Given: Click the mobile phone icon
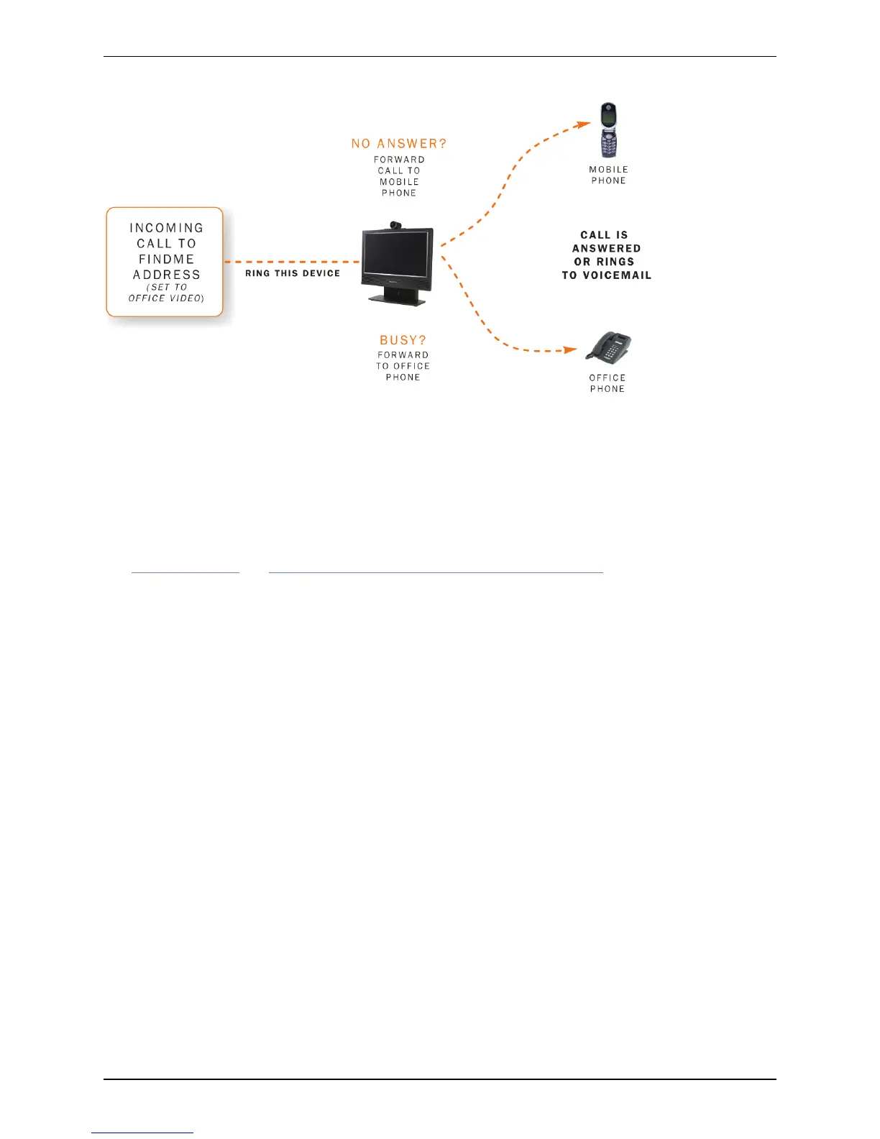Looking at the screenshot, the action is click(608, 130).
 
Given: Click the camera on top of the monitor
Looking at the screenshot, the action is click(395, 225).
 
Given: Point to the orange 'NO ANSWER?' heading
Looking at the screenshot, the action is click(399, 144).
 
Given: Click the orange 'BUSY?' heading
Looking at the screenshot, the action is click(403, 340).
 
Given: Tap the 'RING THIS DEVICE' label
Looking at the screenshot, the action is click(293, 273).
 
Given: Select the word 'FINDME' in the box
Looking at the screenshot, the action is click(167, 259).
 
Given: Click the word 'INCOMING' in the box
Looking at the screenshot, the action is click(167, 228).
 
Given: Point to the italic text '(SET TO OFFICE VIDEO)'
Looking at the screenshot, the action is click(167, 293).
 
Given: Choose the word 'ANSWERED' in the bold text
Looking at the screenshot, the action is click(606, 249).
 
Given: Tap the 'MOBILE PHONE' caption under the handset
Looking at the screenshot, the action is click(608, 175).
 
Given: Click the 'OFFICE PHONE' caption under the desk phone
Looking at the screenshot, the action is click(608, 383).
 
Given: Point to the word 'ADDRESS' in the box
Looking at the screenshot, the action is click(167, 275).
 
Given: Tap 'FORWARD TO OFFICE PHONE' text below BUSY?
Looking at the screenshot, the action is click(403, 366).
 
